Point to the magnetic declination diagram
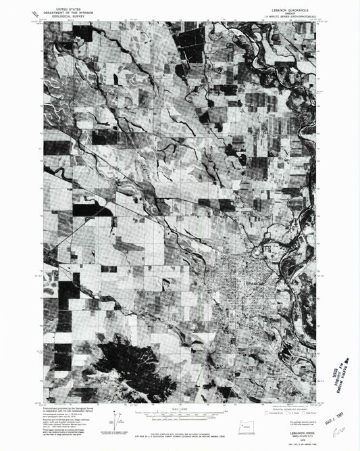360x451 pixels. [124, 414]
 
